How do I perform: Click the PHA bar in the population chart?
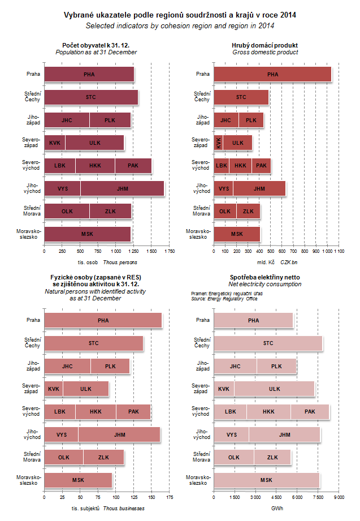click(89, 74)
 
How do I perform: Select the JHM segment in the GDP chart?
click(259, 188)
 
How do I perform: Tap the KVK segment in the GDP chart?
click(218, 143)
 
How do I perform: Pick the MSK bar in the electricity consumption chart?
click(266, 480)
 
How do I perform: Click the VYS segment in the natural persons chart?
click(61, 434)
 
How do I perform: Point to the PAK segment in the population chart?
click(133, 166)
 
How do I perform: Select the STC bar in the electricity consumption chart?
click(268, 343)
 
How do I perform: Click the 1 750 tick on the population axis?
click(168, 251)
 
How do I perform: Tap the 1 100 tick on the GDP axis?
click(338, 251)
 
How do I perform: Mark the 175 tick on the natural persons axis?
click(168, 497)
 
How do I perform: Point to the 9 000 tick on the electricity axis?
click(338, 497)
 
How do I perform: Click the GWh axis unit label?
click(277, 508)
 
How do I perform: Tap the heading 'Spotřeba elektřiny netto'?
click(264, 277)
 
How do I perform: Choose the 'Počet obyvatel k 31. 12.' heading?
click(96, 45)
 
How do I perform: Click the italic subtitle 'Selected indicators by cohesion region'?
click(180, 26)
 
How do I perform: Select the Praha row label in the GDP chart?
click(202, 74)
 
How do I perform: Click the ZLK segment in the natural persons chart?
click(103, 457)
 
